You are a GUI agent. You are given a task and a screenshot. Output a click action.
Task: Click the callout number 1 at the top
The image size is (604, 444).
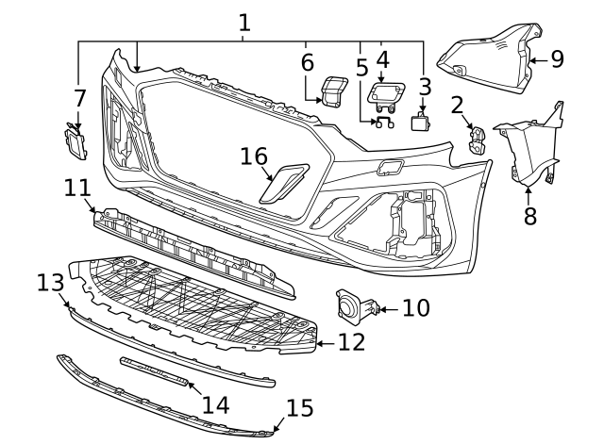[244, 21]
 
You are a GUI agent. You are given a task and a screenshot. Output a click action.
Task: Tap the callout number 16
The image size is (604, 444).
[253, 156]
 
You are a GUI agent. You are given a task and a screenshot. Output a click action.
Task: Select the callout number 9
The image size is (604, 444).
[557, 58]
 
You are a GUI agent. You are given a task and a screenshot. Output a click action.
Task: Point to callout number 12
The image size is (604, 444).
[351, 342]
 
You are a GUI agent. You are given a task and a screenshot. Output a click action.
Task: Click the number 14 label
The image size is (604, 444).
[215, 403]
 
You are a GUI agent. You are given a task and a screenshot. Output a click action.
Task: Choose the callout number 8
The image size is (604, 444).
[529, 215]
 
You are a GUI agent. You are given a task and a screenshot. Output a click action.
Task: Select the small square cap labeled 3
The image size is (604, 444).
[420, 122]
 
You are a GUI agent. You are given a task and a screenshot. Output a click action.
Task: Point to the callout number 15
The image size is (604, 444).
[299, 408]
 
